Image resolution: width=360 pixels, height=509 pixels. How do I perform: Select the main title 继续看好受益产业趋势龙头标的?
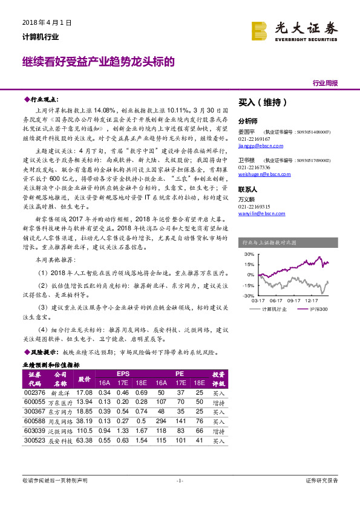[x=99, y=62]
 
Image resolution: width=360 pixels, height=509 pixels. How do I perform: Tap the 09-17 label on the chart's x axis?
[x=294, y=300]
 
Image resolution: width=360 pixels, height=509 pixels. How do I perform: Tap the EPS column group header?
[x=123, y=374]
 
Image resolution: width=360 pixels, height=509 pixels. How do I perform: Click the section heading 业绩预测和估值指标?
[x=51, y=365]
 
